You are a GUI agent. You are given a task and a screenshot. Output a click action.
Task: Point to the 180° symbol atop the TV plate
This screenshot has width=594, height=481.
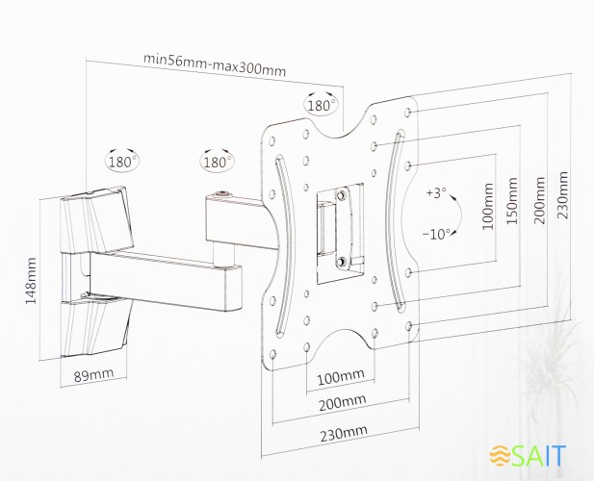[322, 103]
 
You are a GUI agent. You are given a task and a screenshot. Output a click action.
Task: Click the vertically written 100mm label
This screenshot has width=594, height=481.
[487, 215]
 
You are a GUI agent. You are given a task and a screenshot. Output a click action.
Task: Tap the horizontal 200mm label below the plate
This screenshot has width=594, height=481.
[342, 401]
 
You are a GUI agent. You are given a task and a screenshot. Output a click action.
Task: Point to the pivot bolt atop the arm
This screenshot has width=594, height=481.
[225, 195]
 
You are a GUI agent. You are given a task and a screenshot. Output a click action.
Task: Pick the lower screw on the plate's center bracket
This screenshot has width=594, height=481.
[342, 261]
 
